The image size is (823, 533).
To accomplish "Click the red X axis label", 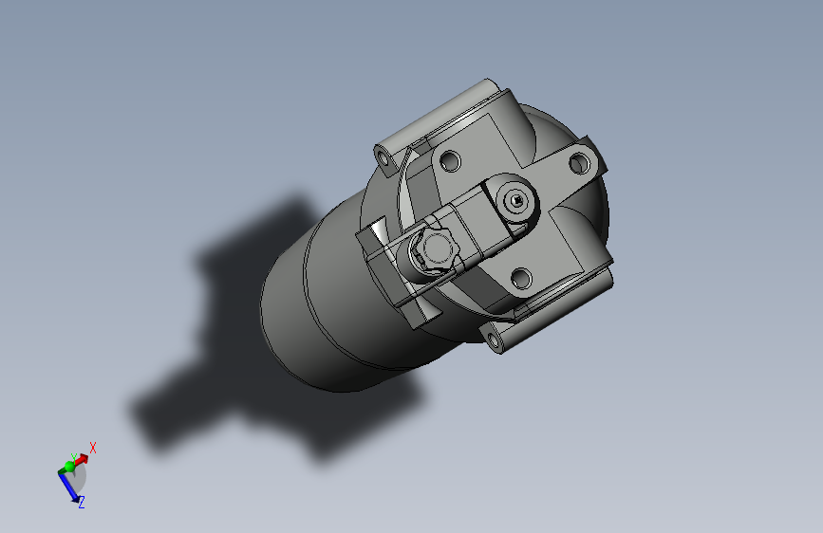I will coord(93,447).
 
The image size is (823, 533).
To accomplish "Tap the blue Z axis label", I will coord(82,502).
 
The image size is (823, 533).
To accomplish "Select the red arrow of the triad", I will coord(82,460).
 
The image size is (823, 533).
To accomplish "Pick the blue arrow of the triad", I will coord(69,487).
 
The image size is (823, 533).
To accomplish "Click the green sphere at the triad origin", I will coord(68,468).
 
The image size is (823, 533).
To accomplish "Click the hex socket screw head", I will coord(515,199).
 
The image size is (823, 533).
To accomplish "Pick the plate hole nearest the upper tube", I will coord(450,161).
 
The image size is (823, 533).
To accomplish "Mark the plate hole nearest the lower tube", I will coord(519,278).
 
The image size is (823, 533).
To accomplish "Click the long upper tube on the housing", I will coord(441,119).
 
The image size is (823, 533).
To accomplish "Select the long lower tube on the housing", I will coord(560,303).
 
